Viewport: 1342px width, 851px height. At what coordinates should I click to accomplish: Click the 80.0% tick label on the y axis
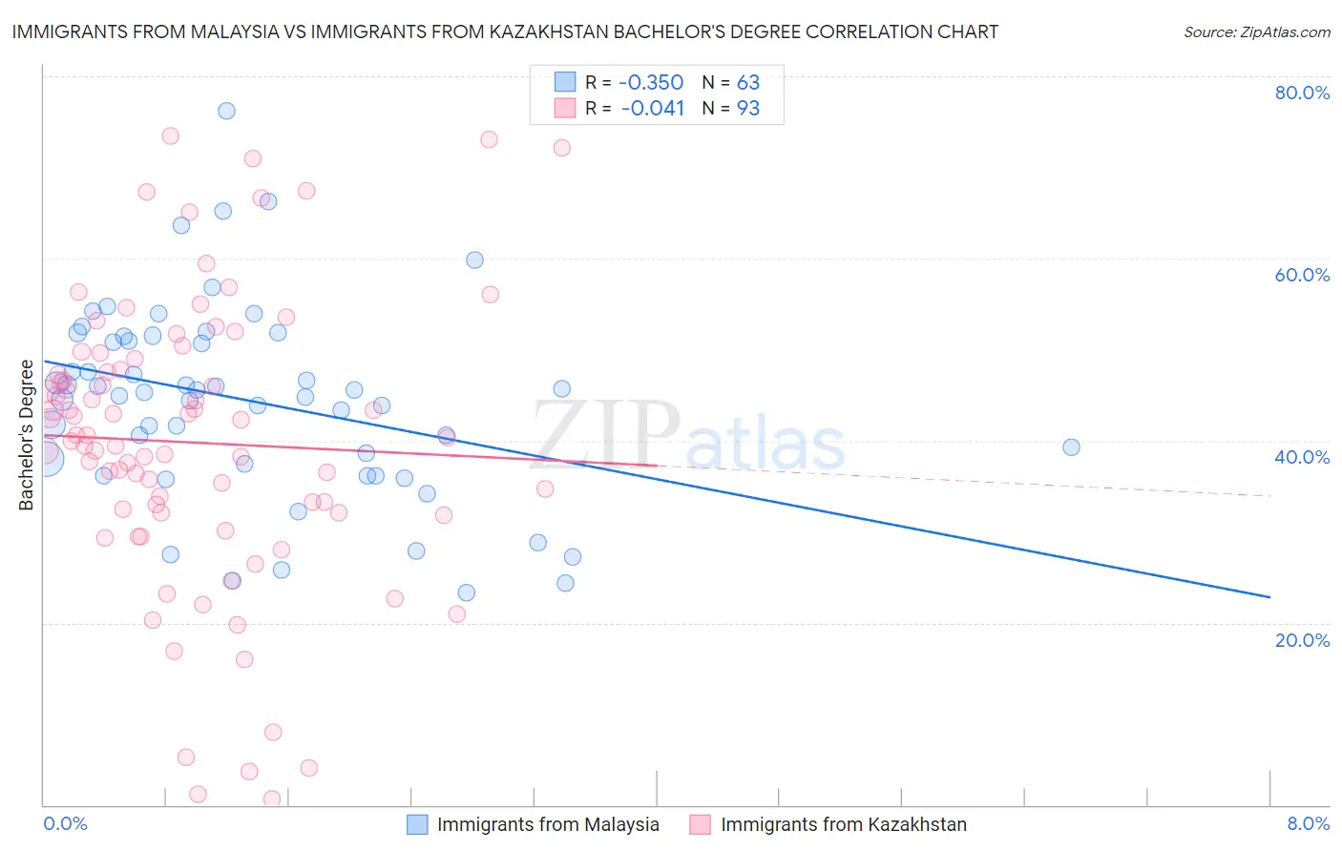pos(1302,93)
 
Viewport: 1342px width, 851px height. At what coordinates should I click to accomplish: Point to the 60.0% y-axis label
pos(1302,275)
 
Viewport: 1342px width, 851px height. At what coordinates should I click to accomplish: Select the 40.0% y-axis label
pos(1302,457)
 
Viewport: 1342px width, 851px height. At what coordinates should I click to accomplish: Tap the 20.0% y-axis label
pos(1302,639)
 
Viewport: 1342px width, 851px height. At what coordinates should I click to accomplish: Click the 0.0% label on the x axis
pos(65,823)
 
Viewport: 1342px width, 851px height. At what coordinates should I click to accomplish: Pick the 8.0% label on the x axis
pos(1308,823)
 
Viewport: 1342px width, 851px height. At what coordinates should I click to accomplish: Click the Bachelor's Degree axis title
pos(27,435)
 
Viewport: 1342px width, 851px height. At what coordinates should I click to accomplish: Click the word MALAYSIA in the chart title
pos(231,31)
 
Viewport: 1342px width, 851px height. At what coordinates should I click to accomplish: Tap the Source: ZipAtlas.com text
pos(1256,32)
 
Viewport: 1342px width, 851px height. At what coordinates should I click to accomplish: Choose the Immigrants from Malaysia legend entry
pos(548,824)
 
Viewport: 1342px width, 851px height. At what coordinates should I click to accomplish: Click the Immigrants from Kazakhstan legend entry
pos(844,824)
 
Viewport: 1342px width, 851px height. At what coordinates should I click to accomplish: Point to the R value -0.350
pos(652,82)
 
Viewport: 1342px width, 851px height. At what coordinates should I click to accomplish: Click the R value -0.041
pos(652,108)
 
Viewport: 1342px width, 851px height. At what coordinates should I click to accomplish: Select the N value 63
pos(747,82)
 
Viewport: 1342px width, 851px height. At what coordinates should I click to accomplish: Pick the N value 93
pos(747,108)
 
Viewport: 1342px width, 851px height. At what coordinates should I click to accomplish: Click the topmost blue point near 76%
pos(226,111)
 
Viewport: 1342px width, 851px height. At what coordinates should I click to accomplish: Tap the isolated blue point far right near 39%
pos(1071,447)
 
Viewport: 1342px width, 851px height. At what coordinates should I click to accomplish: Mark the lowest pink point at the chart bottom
pos(272,799)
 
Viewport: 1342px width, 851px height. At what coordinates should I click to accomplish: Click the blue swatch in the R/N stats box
pos(565,82)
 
